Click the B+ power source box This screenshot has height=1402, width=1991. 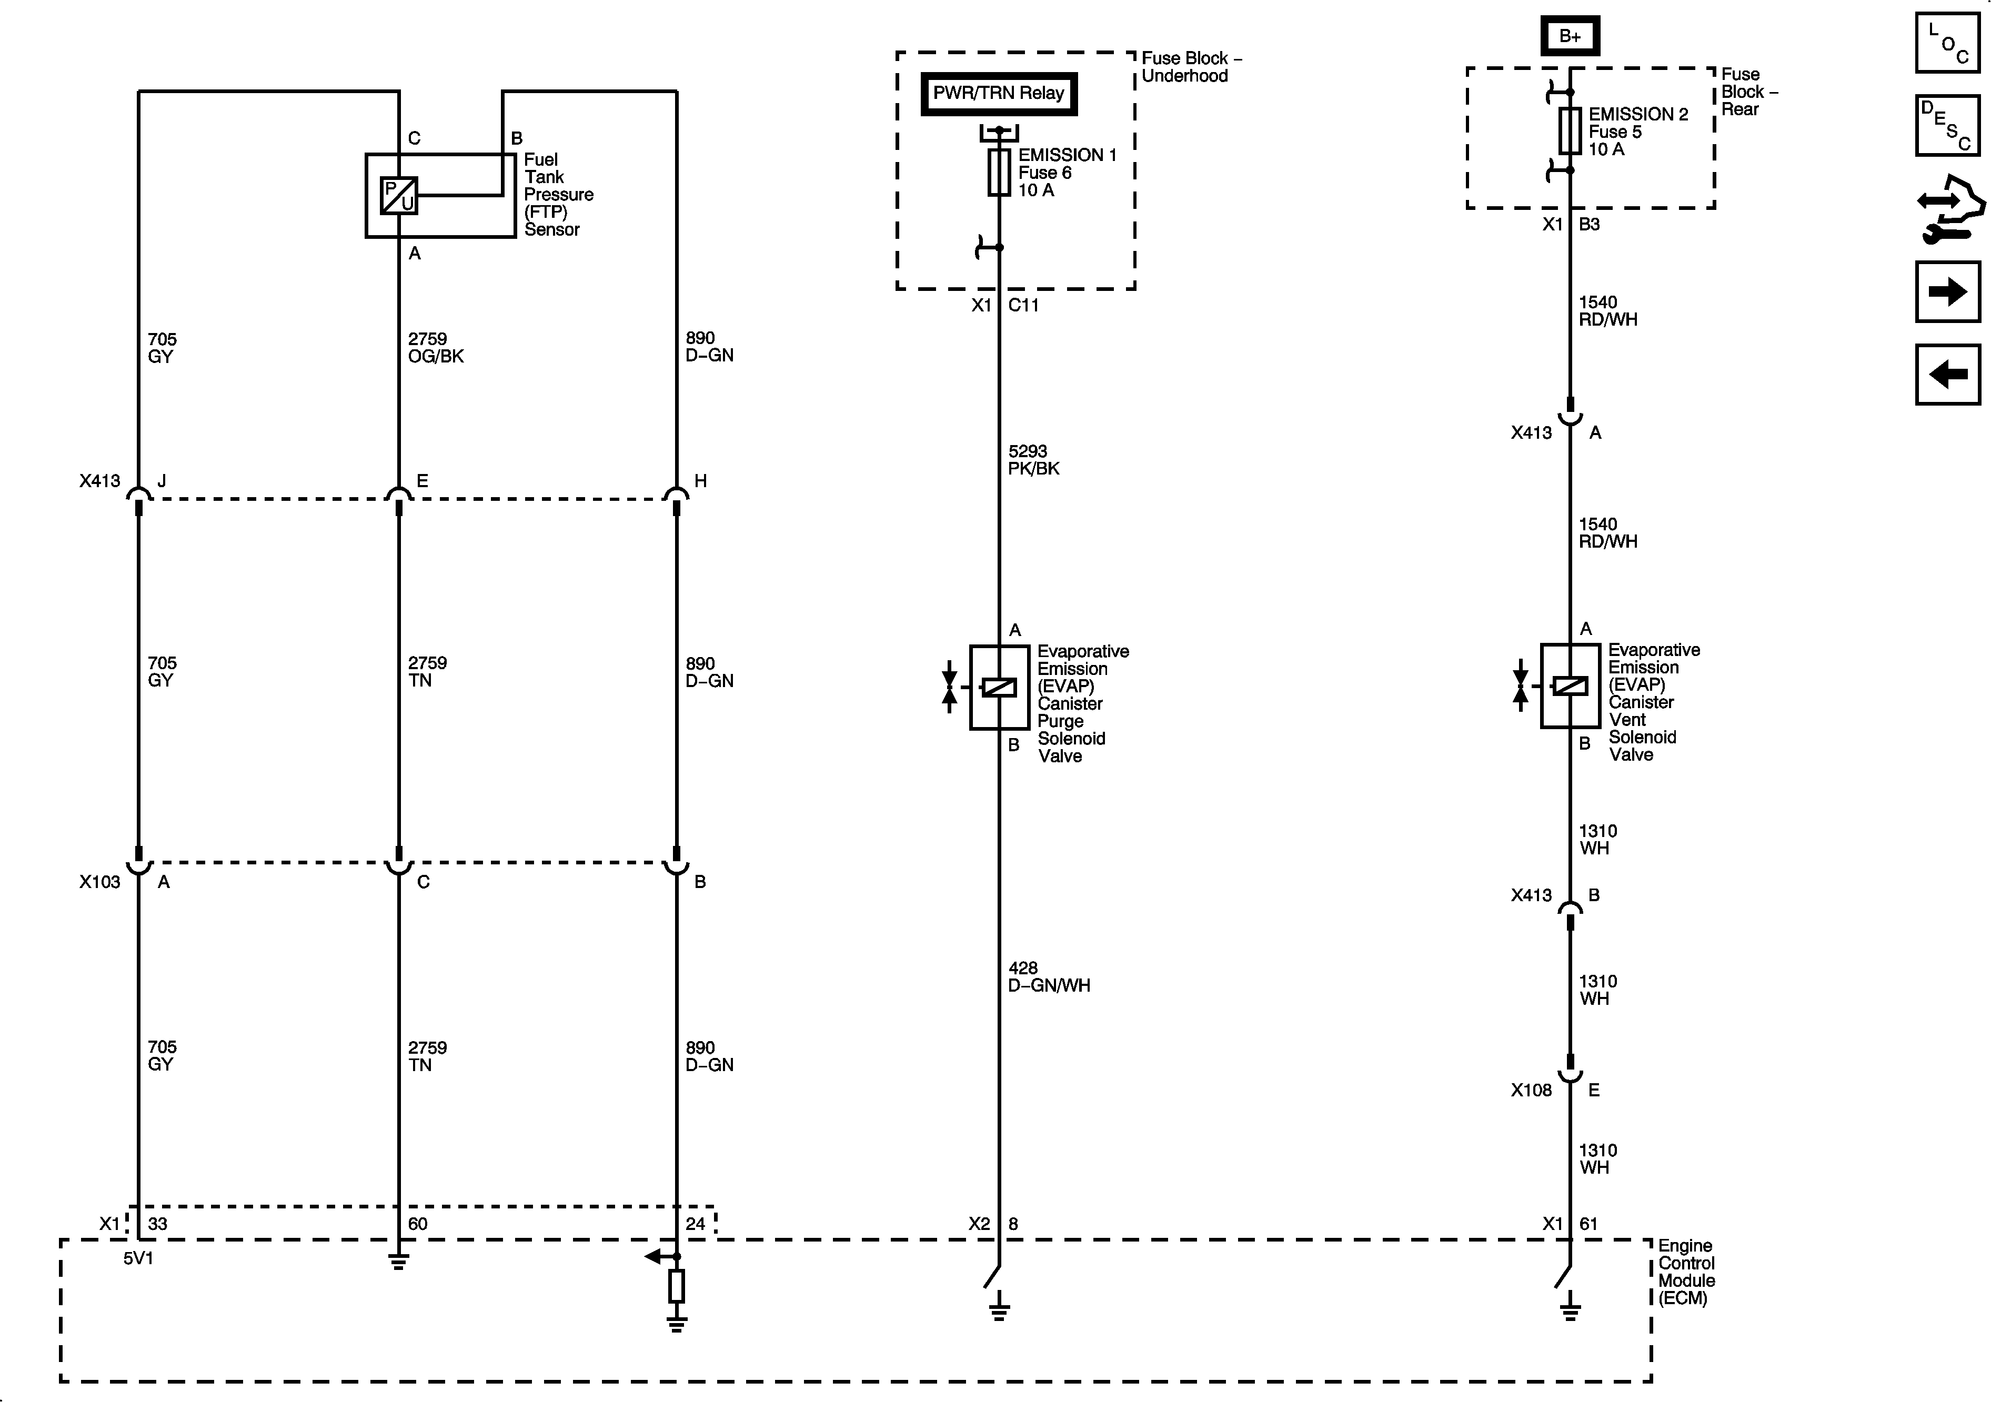click(x=1570, y=36)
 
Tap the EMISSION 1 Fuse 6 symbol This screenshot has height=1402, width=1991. click(x=999, y=172)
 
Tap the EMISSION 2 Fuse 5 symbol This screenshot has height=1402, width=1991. click(x=1570, y=131)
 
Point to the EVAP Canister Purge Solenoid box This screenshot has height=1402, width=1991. click(x=999, y=687)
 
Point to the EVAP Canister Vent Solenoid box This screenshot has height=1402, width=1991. click(x=1570, y=685)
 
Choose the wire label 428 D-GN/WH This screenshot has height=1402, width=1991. click(x=1049, y=976)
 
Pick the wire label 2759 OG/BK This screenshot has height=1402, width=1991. click(x=435, y=347)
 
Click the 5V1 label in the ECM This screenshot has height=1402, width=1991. click(x=138, y=1258)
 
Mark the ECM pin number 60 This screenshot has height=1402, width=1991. click(x=418, y=1223)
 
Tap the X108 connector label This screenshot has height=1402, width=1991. click(x=1531, y=1090)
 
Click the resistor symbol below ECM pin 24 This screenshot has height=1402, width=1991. click(x=677, y=1286)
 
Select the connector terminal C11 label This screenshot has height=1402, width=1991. click(x=1023, y=305)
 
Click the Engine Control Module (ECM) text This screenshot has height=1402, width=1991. click(x=1686, y=1271)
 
